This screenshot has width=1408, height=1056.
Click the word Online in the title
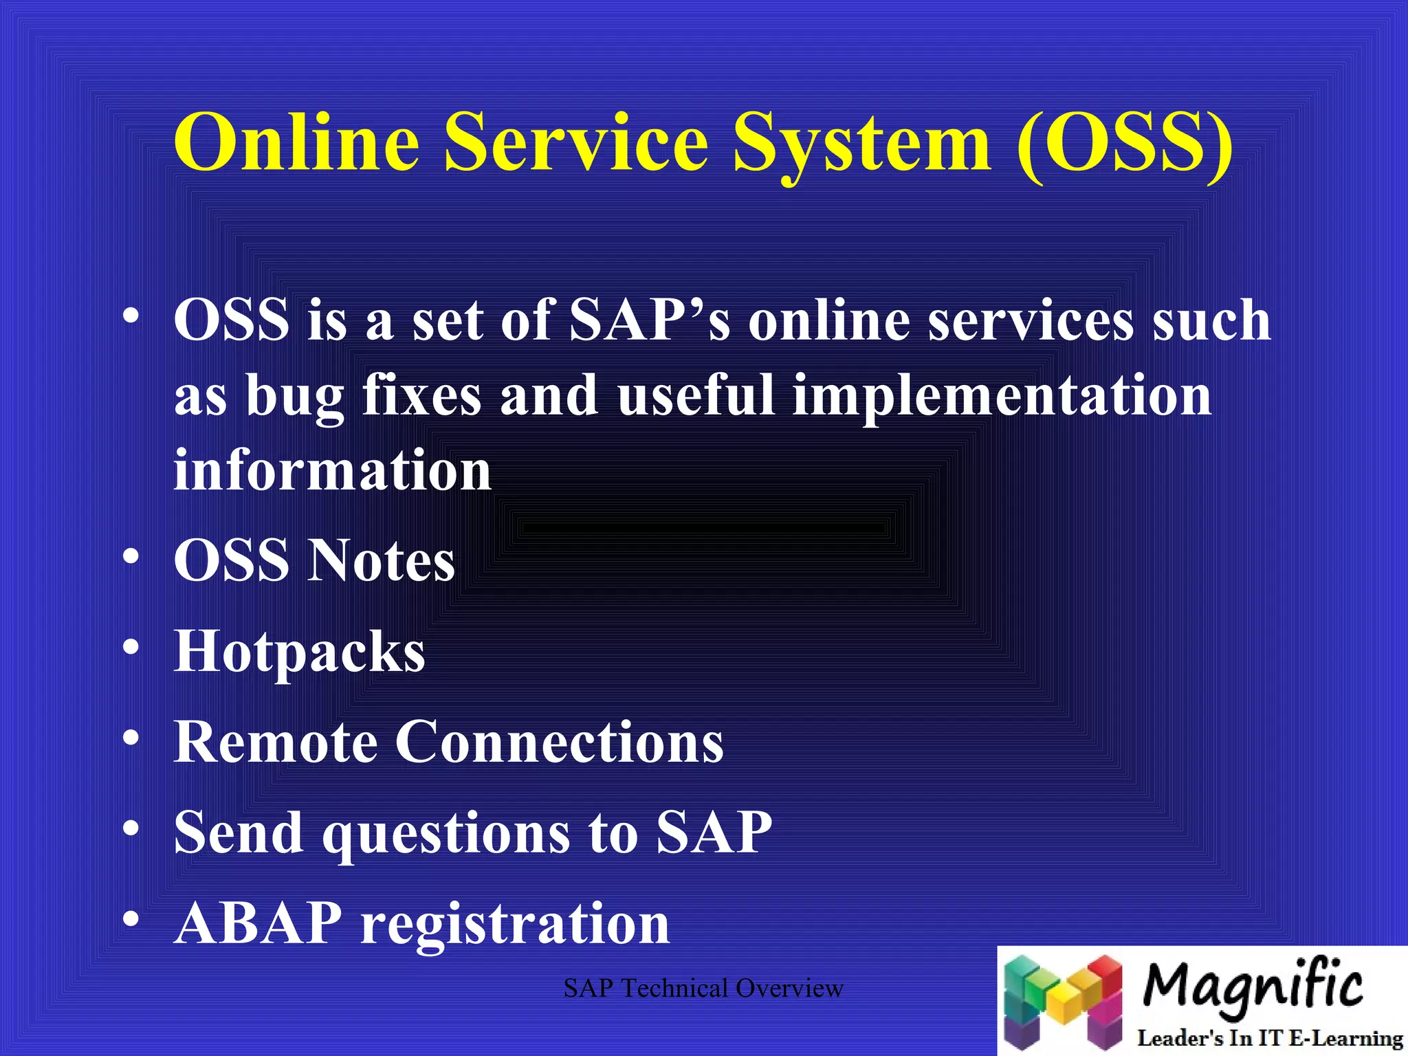296,142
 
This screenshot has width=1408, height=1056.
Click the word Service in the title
576,142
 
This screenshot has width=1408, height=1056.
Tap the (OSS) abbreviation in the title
1125,142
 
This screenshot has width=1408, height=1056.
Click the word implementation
1002,397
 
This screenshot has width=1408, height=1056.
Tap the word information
332,471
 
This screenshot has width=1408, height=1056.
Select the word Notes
381,561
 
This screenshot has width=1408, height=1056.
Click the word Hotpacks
299,652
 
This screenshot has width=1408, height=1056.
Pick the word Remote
275,742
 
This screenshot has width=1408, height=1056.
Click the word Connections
559,742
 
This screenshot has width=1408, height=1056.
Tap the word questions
446,834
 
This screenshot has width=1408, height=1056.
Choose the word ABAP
258,923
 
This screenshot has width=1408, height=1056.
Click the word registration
515,925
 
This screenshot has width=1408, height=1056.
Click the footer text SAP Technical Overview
703,989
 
